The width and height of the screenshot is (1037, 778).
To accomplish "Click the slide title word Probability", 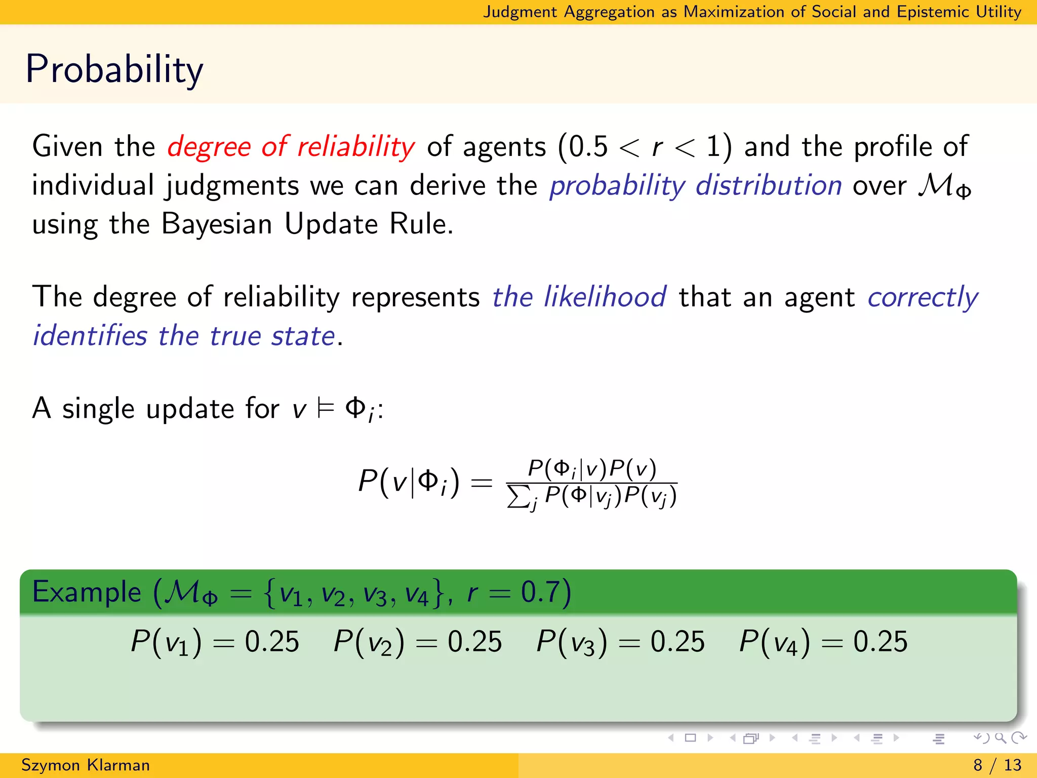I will coord(114,69).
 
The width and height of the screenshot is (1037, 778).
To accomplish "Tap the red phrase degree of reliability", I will coord(291,147).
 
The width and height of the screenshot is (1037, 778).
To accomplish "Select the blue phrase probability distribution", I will coord(696,185).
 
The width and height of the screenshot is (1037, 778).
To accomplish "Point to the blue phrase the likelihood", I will coord(579,297).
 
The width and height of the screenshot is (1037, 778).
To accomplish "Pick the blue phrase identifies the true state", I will coord(184,336).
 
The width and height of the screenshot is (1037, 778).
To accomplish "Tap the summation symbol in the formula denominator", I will coord(518,496).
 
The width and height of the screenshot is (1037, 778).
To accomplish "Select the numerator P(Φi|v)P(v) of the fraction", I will coord(592,469).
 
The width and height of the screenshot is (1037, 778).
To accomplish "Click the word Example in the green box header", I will coord(87,592).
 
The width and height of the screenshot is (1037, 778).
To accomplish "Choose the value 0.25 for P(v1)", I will coord(272,642).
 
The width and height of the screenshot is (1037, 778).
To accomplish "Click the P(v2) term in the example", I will coord(369,642).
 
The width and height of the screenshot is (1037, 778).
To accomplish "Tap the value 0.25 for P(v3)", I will coord(677,642).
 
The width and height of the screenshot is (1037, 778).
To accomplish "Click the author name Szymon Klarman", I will coord(86,765).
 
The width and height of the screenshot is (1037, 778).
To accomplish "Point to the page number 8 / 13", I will coord(997,765).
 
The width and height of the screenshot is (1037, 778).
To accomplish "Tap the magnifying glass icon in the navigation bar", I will coord(1000,738).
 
